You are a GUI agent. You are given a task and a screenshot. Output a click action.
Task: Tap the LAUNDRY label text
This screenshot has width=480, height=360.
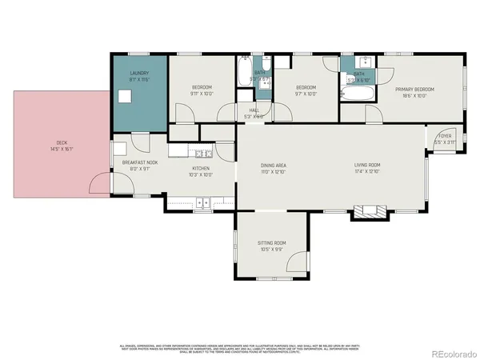click(139, 74)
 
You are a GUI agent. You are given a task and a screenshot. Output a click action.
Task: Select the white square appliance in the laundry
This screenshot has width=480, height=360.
click(126, 96)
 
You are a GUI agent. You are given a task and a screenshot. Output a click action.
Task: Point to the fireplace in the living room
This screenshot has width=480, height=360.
click(371, 212)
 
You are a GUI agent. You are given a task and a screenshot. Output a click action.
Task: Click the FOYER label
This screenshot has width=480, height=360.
click(443, 136)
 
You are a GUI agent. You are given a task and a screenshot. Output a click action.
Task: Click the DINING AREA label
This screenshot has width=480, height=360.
click(274, 166)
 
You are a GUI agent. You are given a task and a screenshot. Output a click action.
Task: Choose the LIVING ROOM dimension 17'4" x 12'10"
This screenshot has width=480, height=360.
click(368, 172)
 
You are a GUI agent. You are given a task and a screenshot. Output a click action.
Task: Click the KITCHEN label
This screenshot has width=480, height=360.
click(199, 168)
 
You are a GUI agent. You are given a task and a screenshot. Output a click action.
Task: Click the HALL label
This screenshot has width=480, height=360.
click(253, 111)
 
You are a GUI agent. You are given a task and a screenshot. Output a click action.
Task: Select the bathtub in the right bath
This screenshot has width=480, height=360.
click(355, 94)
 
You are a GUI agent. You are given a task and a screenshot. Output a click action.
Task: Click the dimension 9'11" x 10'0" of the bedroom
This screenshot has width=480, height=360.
click(201, 93)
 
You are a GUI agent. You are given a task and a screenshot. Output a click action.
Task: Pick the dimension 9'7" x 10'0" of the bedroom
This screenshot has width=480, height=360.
click(306, 93)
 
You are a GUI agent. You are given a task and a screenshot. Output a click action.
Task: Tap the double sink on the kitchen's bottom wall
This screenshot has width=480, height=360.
click(202, 203)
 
